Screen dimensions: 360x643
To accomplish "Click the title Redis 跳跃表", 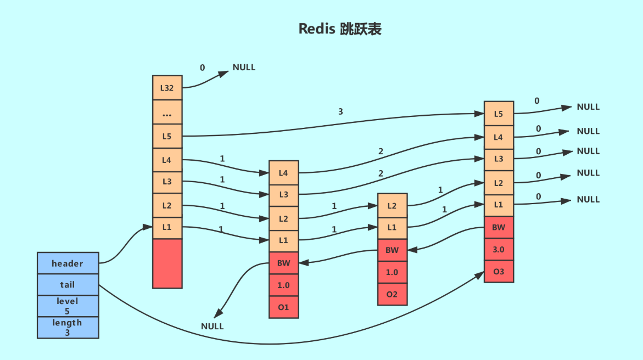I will click(x=339, y=29).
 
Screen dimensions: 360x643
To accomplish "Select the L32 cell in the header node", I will click(x=167, y=88).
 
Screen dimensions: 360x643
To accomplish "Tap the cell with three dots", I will click(x=167, y=112).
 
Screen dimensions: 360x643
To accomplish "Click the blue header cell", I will click(x=68, y=263).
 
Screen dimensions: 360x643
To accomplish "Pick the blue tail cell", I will click(x=68, y=285).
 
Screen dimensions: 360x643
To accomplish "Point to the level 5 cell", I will click(x=68, y=306).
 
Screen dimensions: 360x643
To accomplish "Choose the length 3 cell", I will click(x=68, y=327).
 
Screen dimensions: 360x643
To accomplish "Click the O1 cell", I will click(x=283, y=307).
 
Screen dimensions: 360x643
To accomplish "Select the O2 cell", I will click(x=392, y=294).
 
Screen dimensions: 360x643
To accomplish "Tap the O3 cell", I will click(x=499, y=272).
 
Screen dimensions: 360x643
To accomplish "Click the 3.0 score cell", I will click(x=499, y=249).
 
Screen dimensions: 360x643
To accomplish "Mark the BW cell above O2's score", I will click(x=392, y=250).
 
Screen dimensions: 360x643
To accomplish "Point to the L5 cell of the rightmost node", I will click(x=499, y=114).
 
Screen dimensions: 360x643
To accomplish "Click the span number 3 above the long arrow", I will click(x=340, y=111).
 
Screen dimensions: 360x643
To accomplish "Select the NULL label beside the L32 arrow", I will click(x=244, y=67).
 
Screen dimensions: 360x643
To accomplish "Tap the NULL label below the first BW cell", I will click(x=213, y=326).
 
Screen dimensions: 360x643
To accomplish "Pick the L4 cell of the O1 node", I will click(x=283, y=173).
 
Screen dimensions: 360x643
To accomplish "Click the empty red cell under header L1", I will click(x=167, y=263).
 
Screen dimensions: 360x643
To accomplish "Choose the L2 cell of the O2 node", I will click(x=392, y=205).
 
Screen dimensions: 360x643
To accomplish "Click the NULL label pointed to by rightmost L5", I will click(x=588, y=107).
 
